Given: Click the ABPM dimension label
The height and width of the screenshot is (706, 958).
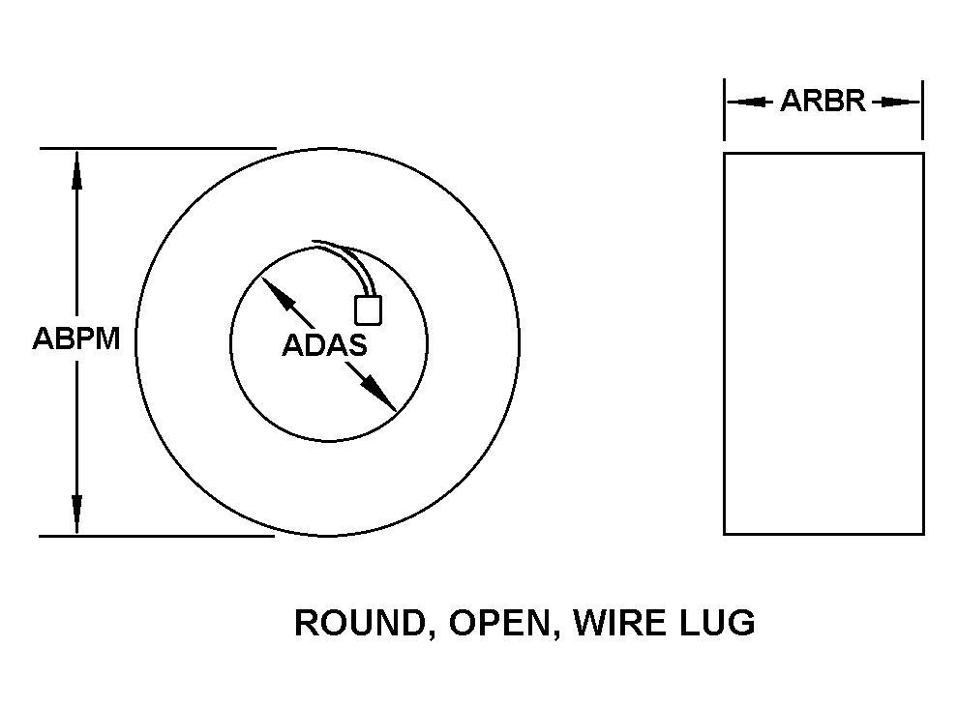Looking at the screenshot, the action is click(76, 338).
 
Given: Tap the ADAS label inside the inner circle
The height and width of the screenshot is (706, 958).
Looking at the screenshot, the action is click(324, 345).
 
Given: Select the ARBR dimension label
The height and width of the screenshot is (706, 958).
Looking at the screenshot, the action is click(823, 101).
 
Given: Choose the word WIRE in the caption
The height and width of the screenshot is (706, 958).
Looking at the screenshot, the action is click(619, 623).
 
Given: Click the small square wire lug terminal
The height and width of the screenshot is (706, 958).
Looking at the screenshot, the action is click(369, 309).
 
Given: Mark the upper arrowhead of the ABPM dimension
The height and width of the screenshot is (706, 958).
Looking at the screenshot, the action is click(77, 170).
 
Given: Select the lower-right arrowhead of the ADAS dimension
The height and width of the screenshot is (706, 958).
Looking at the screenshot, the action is click(378, 394).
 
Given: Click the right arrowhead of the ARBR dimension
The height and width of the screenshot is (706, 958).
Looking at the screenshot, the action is click(897, 102).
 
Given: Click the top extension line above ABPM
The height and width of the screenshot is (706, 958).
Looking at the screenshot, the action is click(159, 148).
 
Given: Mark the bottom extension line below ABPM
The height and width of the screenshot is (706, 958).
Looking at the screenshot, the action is click(157, 536).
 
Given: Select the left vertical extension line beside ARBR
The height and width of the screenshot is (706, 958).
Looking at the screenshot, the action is click(725, 109).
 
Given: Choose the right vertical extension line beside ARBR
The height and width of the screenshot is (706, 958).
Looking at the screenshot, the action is click(922, 109).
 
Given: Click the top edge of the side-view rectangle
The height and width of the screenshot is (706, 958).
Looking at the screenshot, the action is click(823, 154).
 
